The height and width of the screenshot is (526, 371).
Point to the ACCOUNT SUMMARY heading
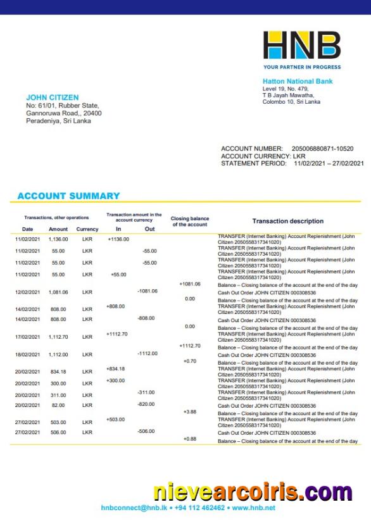pyautogui.click(x=68, y=196)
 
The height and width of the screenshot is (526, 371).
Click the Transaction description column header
pyautogui.click(x=287, y=221)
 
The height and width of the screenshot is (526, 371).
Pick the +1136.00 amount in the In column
pyautogui.click(x=118, y=239)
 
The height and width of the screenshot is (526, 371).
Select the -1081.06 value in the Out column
pyautogui.click(x=147, y=291)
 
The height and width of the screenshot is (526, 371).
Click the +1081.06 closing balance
pyautogui.click(x=190, y=284)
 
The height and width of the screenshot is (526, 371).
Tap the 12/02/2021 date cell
pyautogui.click(x=28, y=292)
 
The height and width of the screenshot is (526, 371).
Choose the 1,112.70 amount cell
pyautogui.click(x=58, y=337)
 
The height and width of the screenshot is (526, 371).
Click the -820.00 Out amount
pyautogui.click(x=147, y=404)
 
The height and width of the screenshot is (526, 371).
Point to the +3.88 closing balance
pyautogui.click(x=190, y=412)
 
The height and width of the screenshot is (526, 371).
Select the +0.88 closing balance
pyautogui.click(x=190, y=439)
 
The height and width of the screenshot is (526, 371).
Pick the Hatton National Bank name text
pyautogui.click(x=298, y=81)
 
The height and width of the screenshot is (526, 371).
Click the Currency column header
pyautogui.click(x=87, y=229)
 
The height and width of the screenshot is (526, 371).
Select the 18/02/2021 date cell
pyautogui.click(x=28, y=354)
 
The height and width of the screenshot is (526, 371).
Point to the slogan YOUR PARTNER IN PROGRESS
pyautogui.click(x=302, y=67)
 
